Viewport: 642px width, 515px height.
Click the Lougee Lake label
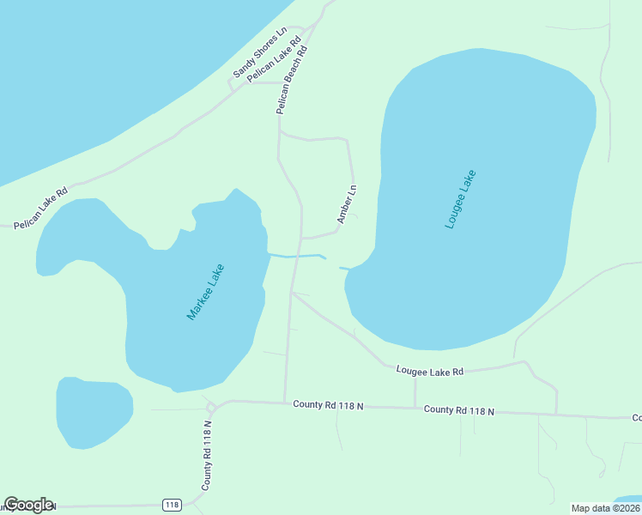[x=460, y=199]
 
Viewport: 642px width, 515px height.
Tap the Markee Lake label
[x=205, y=292]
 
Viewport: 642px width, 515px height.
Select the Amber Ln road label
[x=347, y=204]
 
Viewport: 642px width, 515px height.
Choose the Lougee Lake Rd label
[x=429, y=371]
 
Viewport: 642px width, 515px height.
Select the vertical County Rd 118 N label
[x=207, y=455]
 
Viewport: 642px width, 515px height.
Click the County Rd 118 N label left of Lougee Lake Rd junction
[x=328, y=404]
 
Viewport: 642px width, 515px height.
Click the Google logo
[x=28, y=505]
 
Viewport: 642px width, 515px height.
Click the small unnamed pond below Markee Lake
[x=94, y=412]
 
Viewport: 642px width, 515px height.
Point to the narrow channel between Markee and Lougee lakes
[x=296, y=256]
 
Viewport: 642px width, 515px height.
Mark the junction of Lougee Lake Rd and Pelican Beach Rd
[x=292, y=293]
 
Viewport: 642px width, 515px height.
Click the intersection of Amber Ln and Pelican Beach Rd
[x=301, y=238]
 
